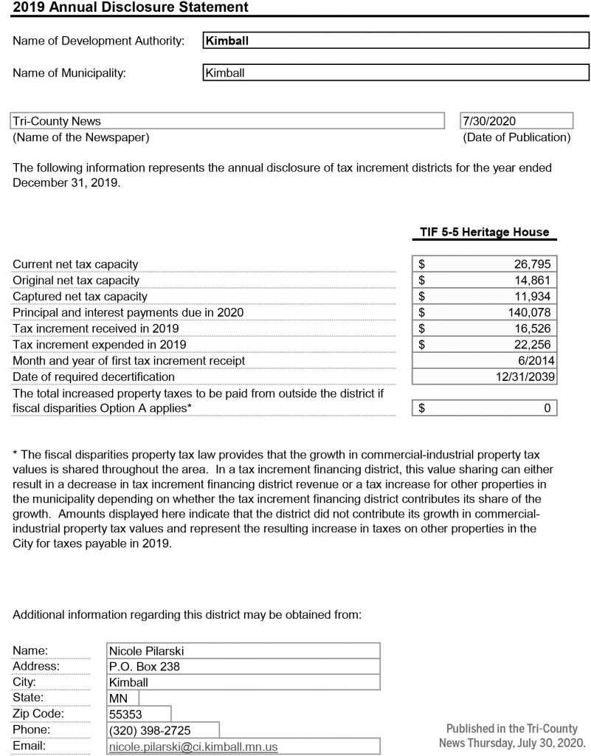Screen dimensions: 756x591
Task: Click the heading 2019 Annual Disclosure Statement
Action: click(x=131, y=7)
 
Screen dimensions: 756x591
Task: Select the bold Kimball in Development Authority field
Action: click(x=227, y=41)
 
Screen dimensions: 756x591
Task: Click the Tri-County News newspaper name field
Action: click(x=57, y=121)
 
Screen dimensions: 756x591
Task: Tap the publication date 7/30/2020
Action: click(x=489, y=121)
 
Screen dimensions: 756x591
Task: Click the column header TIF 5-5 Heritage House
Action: click(x=485, y=232)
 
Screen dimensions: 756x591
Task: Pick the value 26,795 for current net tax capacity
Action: click(x=532, y=264)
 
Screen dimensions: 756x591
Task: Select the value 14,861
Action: click(x=532, y=281)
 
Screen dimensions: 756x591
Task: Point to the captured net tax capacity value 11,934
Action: click(x=532, y=297)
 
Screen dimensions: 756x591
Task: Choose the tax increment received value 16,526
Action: click(x=532, y=329)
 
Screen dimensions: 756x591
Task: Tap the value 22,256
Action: click(x=532, y=345)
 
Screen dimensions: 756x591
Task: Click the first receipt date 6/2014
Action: click(x=537, y=361)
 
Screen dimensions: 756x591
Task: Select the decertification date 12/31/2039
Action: click(x=525, y=377)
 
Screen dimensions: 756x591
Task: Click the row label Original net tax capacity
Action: click(x=76, y=281)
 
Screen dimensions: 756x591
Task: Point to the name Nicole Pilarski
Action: click(x=146, y=651)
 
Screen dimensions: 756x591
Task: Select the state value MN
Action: click(x=118, y=698)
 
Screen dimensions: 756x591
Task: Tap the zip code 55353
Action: click(x=125, y=715)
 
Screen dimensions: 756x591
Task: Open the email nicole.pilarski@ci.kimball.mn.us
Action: click(x=193, y=747)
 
